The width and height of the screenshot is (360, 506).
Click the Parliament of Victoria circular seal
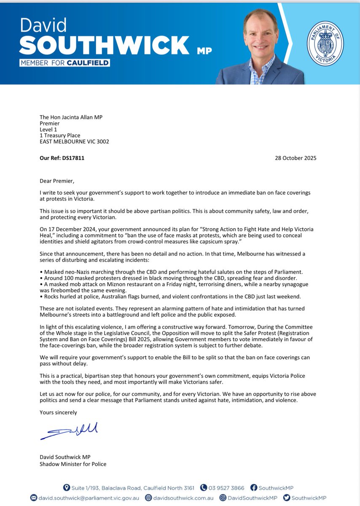[325, 44]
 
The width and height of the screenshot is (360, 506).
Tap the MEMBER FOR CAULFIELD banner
[64, 63]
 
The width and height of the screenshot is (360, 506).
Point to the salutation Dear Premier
[57, 181]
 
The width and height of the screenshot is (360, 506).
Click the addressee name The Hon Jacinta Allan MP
[72, 118]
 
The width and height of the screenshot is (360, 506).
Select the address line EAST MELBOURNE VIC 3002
[74, 142]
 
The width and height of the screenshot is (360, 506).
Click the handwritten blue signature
[69, 431]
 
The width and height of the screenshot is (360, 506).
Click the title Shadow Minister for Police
[73, 464]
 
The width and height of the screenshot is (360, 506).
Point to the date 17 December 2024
[69, 229]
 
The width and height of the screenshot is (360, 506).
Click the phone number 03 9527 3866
[227, 488]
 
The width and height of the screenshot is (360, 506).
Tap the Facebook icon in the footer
[254, 488]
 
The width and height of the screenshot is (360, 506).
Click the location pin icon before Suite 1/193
[66, 488]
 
